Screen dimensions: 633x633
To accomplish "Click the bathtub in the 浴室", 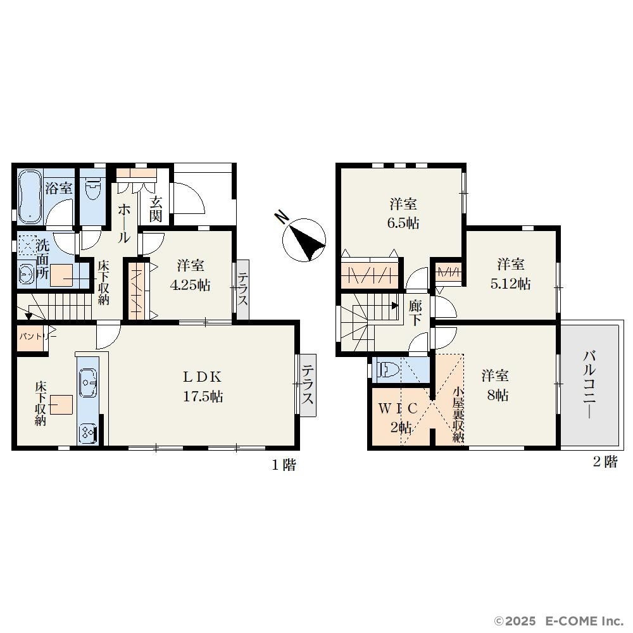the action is [30, 197].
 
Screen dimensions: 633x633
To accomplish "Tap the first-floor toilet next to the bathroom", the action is [92, 189].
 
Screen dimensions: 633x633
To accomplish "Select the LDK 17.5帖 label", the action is [203, 387].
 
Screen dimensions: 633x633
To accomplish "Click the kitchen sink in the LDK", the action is [88, 382].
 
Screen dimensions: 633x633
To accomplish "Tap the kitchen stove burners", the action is [88, 433].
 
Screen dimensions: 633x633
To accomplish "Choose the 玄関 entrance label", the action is [156, 209].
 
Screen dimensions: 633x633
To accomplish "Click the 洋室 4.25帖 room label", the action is [190, 276].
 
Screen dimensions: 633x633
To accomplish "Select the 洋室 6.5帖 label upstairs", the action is [403, 213].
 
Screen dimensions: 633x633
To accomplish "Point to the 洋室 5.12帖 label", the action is [510, 274].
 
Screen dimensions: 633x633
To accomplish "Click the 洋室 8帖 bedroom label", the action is [496, 385].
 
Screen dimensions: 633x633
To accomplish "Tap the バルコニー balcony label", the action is [589, 384].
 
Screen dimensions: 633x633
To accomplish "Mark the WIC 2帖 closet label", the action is [398, 417].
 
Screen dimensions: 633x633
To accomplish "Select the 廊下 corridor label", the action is [415, 313].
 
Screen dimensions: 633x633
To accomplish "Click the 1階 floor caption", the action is [284, 465].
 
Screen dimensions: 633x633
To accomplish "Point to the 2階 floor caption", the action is [605, 462].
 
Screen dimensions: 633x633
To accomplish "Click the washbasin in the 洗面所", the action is [27, 273].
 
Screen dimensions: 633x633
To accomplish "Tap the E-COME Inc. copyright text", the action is [560, 620].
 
